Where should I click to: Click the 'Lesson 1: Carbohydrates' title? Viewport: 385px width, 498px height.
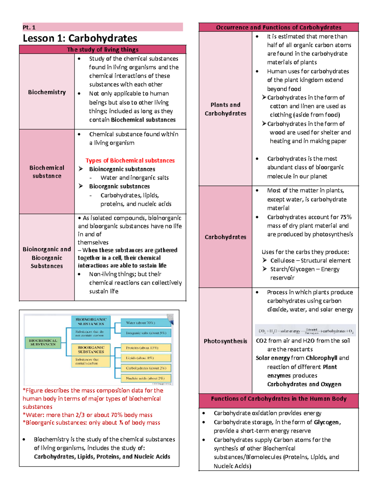80,38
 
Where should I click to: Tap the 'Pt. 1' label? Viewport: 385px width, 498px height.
29,28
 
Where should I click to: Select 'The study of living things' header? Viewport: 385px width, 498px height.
103,49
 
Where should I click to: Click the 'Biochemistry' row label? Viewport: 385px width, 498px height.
47,92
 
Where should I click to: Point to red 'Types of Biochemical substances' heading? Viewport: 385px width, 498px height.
130,160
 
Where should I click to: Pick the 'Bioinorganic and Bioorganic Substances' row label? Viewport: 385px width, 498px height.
47,257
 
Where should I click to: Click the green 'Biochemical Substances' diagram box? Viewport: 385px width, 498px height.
43,342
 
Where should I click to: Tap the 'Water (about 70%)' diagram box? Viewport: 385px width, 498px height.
146,323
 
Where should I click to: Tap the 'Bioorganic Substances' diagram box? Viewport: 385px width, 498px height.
91,350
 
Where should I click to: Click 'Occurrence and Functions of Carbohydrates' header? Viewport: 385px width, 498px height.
278,27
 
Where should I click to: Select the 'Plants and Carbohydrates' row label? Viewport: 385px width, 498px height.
226,109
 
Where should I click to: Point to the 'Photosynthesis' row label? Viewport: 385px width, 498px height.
226,341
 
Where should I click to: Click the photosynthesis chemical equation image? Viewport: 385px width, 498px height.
305,331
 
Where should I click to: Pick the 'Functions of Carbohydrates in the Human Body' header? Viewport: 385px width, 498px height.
278,399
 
